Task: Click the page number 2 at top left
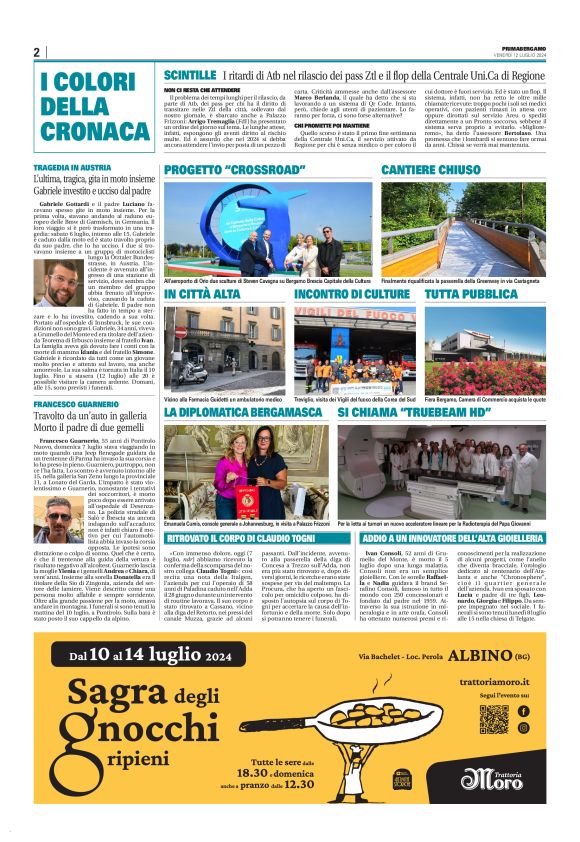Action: point(37,52)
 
